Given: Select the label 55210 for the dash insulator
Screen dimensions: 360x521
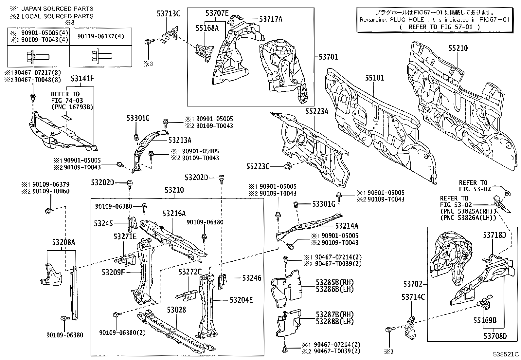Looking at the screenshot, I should (x=458, y=48).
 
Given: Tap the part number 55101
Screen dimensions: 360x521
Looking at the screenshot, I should (x=375, y=78).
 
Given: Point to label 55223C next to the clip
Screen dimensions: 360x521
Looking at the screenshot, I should (x=258, y=167).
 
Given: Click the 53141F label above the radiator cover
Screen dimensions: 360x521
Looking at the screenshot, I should (x=82, y=79).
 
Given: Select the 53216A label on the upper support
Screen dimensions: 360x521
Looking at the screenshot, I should (x=174, y=214).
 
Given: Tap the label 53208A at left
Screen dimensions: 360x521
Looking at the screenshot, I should (x=63, y=242).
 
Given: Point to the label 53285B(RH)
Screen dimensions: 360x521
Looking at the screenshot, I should (x=335, y=282).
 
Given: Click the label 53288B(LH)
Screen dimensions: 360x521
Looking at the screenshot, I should (x=335, y=322).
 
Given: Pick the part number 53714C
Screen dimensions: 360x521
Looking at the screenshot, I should (x=413, y=297).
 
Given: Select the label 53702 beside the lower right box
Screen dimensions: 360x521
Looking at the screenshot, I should (x=413, y=284).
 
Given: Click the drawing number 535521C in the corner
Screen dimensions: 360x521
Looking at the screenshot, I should (x=506, y=354).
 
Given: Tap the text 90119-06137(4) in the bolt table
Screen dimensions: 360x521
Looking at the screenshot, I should (x=101, y=37).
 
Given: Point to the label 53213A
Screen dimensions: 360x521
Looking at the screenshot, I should (x=180, y=140).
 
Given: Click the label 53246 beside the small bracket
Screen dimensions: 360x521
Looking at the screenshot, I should (x=252, y=278).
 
